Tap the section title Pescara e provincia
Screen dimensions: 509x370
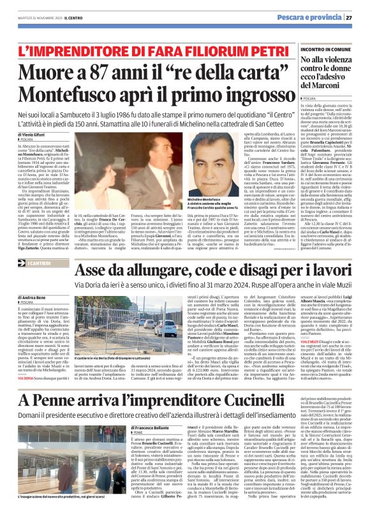click(318, 17)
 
